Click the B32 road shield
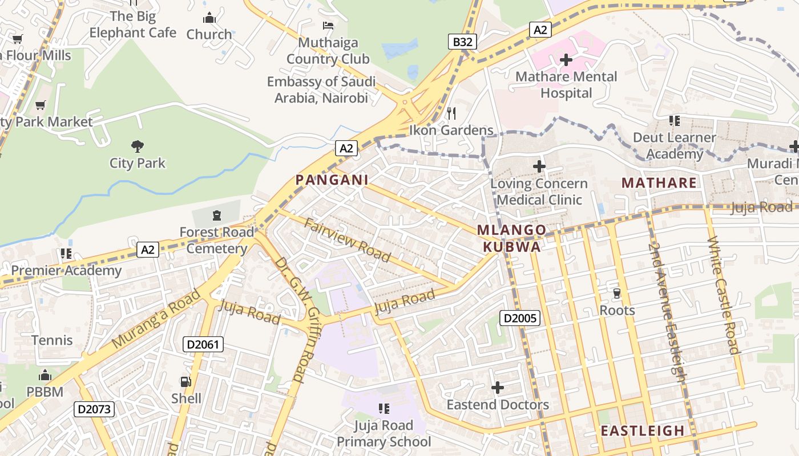point(462,41)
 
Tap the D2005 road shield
point(520,318)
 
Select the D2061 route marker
point(203,344)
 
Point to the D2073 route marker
point(94,409)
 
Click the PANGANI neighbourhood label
point(332,180)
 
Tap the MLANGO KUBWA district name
point(512,238)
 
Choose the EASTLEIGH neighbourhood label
point(642,431)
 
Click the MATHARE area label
point(659,183)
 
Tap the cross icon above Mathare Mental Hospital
point(566,59)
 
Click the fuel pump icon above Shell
point(186,381)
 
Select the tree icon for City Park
point(137,146)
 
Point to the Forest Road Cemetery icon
point(216,215)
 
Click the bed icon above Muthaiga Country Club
point(328,26)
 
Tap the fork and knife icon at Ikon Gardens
point(451,113)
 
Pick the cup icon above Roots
point(616,294)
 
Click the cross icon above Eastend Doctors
point(498,388)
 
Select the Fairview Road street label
point(348,240)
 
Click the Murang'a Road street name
point(156,319)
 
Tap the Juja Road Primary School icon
point(384,408)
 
